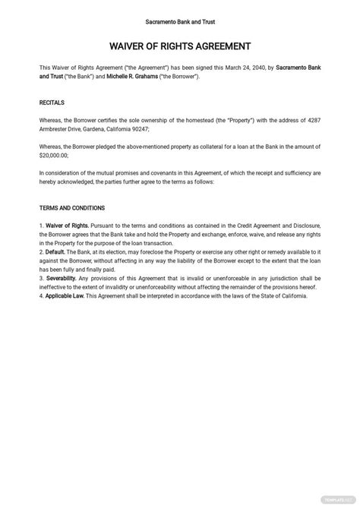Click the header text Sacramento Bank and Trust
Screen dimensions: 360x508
pos(179,22)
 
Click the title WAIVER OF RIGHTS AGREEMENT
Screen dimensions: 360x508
pos(180,46)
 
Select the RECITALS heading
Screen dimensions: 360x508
pos(52,102)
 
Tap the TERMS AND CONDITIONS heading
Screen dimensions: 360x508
pos(72,207)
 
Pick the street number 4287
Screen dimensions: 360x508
pos(311,120)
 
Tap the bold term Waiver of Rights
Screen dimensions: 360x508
pos(68,226)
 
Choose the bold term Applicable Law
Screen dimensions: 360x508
pos(66,295)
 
